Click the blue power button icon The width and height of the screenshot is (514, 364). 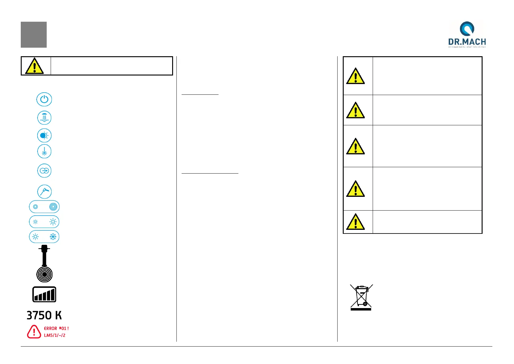point(44,100)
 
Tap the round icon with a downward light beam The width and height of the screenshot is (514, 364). point(44,118)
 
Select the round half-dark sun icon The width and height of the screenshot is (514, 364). point(44,136)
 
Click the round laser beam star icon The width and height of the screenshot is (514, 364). point(44,152)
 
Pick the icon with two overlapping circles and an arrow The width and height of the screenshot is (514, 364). point(44,171)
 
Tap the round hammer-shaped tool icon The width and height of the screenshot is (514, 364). point(44,192)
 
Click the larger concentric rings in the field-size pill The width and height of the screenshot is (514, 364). point(53,207)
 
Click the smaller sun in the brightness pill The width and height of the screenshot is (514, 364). point(35,222)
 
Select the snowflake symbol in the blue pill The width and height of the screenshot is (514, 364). point(53,237)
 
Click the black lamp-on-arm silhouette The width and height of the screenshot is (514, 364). point(44,263)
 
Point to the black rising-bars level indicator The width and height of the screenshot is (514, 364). point(44,295)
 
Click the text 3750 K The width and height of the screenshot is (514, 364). point(44,315)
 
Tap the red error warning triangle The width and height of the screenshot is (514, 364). point(34,332)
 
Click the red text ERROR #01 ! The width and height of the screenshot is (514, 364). point(56,329)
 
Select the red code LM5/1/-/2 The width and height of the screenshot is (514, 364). point(55,335)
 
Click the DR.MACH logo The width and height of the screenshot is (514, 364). point(467,34)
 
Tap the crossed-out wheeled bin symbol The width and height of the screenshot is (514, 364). point(361,297)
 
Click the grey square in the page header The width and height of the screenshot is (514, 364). point(34,35)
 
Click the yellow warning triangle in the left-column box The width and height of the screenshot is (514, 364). point(34,66)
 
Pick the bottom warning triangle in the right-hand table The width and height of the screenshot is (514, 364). point(355,222)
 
